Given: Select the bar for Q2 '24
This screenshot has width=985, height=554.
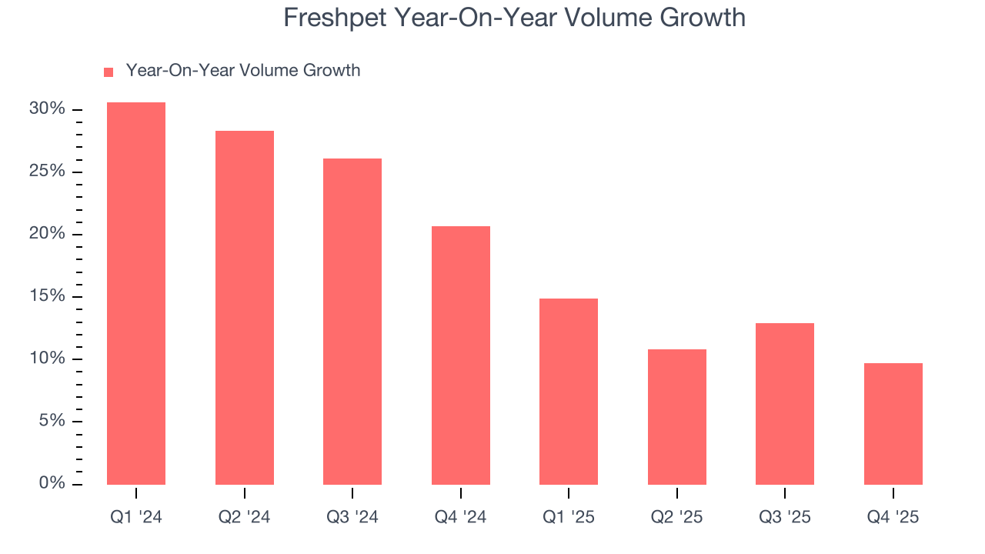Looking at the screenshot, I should pyautogui.click(x=244, y=308).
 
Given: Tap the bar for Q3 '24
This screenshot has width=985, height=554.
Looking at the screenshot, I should pyautogui.click(x=352, y=322).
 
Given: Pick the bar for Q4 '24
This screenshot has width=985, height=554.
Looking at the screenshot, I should pyautogui.click(x=460, y=355).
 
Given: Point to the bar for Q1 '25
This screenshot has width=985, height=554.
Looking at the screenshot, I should pyautogui.click(x=569, y=392).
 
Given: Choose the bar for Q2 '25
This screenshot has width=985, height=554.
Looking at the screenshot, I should pyautogui.click(x=676, y=417).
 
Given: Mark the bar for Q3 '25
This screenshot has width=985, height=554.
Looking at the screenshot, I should pyautogui.click(x=785, y=404).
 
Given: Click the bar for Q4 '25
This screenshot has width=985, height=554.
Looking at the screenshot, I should pyautogui.click(x=893, y=424).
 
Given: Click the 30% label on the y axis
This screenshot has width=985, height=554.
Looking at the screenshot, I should pyautogui.click(x=47, y=109).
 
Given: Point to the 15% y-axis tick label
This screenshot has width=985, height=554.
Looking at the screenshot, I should pyautogui.click(x=47, y=296).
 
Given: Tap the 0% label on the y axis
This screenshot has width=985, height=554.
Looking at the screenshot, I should pyautogui.click(x=52, y=483).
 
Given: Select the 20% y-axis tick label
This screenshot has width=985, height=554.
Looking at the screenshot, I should pyautogui.click(x=47, y=234).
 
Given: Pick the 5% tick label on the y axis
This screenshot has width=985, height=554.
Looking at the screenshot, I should pyautogui.click(x=52, y=421).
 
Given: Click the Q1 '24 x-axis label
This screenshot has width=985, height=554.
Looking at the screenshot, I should pyautogui.click(x=136, y=518).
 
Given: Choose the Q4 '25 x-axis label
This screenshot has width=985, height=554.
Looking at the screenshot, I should pyautogui.click(x=893, y=518).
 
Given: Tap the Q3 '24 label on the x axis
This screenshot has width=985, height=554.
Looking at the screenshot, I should pyautogui.click(x=352, y=518).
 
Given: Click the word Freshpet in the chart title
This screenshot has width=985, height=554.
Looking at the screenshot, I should pyautogui.click(x=332, y=18).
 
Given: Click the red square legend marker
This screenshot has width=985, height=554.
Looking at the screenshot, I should pyautogui.click(x=109, y=72).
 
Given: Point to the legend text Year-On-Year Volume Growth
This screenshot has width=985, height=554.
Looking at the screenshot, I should pyautogui.click(x=242, y=71).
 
